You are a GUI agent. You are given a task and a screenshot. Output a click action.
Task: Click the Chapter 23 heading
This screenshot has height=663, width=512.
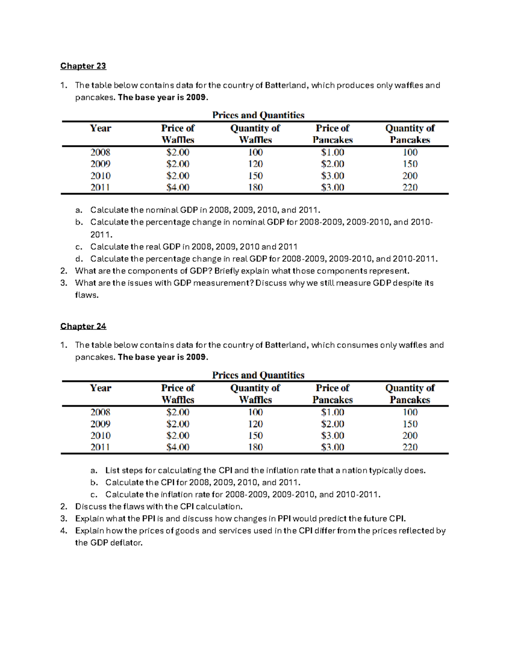coord(83,66)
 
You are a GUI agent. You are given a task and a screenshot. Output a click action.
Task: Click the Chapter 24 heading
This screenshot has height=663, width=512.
coord(83,326)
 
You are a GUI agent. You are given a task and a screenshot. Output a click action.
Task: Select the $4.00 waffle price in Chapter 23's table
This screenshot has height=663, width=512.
coord(177,187)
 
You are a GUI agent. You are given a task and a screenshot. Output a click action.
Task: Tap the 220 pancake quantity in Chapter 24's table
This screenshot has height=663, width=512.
coord(410,447)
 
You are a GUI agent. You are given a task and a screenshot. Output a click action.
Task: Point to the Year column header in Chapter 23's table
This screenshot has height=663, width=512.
coord(100,129)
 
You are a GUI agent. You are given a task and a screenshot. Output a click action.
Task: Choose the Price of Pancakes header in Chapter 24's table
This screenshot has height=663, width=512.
coord(332,394)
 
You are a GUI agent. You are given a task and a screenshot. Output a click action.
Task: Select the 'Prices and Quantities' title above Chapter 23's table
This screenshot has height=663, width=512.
coord(258,115)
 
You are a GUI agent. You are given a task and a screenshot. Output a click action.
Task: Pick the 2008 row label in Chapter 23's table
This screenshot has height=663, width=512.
coord(100,152)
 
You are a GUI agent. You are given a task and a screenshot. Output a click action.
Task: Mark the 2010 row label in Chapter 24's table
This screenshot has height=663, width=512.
coord(100,435)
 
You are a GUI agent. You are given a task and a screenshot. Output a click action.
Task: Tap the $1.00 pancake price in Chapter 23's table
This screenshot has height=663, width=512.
coord(332,152)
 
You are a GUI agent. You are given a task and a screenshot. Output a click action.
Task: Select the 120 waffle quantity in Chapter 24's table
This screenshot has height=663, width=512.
coord(255,424)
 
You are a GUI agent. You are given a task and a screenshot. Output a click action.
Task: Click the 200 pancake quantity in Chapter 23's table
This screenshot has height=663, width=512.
coord(410,176)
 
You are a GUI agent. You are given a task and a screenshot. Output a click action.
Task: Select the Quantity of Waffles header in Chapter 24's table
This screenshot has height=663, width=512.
coord(255,394)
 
